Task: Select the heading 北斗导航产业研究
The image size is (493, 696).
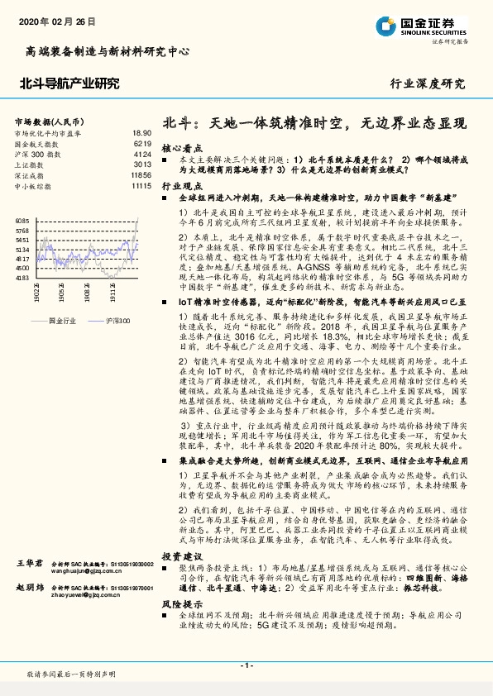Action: click(x=69, y=83)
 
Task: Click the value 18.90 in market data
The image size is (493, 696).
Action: click(x=141, y=132)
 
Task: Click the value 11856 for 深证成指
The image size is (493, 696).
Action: click(x=141, y=175)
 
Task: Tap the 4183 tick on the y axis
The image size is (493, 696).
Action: click(x=22, y=278)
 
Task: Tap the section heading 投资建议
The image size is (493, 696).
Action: click(x=182, y=556)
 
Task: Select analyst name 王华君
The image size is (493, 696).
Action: click(x=29, y=563)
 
